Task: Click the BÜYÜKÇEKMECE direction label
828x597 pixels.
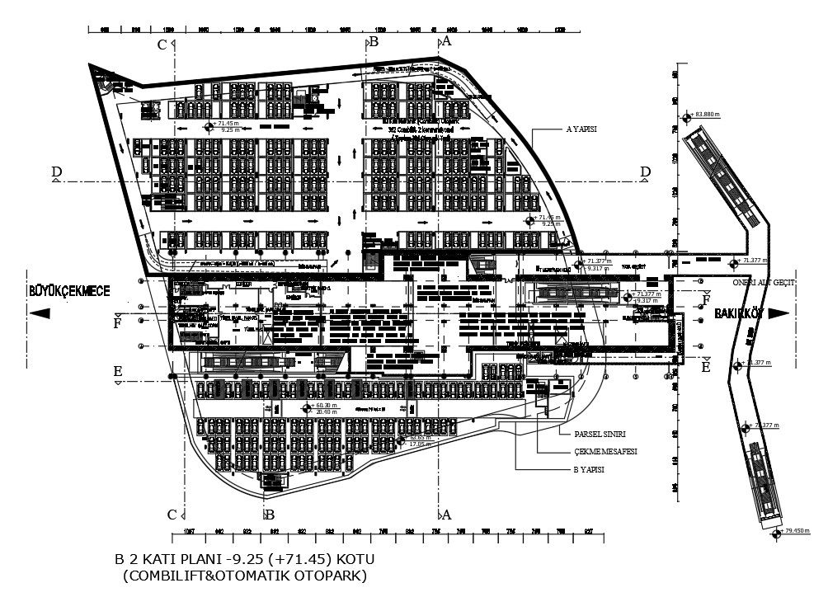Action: pyautogui.click(x=68, y=290)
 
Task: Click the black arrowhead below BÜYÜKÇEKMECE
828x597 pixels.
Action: pyautogui.click(x=40, y=313)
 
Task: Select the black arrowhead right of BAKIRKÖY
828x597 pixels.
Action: pyautogui.click(x=779, y=313)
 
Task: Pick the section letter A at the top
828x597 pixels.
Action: pyautogui.click(x=446, y=40)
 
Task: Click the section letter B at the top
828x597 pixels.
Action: pyautogui.click(x=374, y=40)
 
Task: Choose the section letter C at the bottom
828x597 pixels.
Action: pyautogui.click(x=172, y=515)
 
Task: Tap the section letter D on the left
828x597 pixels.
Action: pyautogui.click(x=56, y=172)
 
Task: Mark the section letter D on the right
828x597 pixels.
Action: pyautogui.click(x=646, y=172)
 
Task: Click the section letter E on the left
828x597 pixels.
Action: pyautogui.click(x=118, y=372)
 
